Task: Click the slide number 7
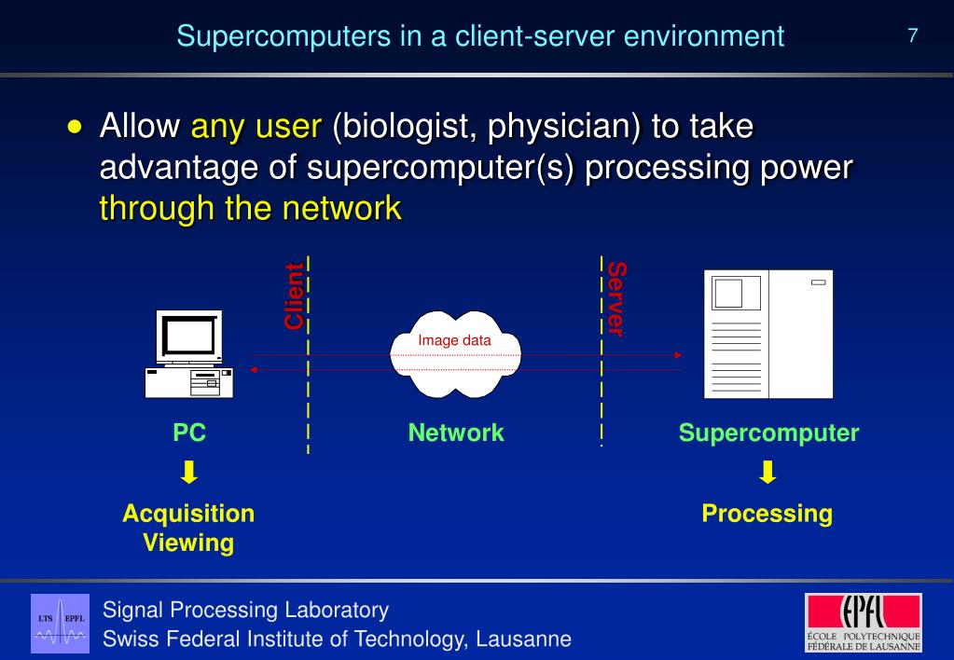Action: [x=913, y=36]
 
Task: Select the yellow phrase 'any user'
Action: [x=256, y=126]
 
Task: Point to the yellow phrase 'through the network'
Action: [x=250, y=207]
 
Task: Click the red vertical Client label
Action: [x=294, y=296]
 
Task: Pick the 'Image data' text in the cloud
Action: [x=454, y=340]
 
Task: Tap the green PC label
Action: [x=189, y=433]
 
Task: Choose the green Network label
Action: [x=456, y=433]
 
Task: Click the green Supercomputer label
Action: [x=768, y=433]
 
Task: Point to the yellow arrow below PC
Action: [x=189, y=474]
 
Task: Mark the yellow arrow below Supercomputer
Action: [x=767, y=474]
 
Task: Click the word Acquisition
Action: [x=188, y=514]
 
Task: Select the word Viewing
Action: [x=188, y=543]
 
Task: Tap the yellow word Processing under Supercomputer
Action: [x=767, y=514]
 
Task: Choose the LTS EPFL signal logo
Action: [x=61, y=622]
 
